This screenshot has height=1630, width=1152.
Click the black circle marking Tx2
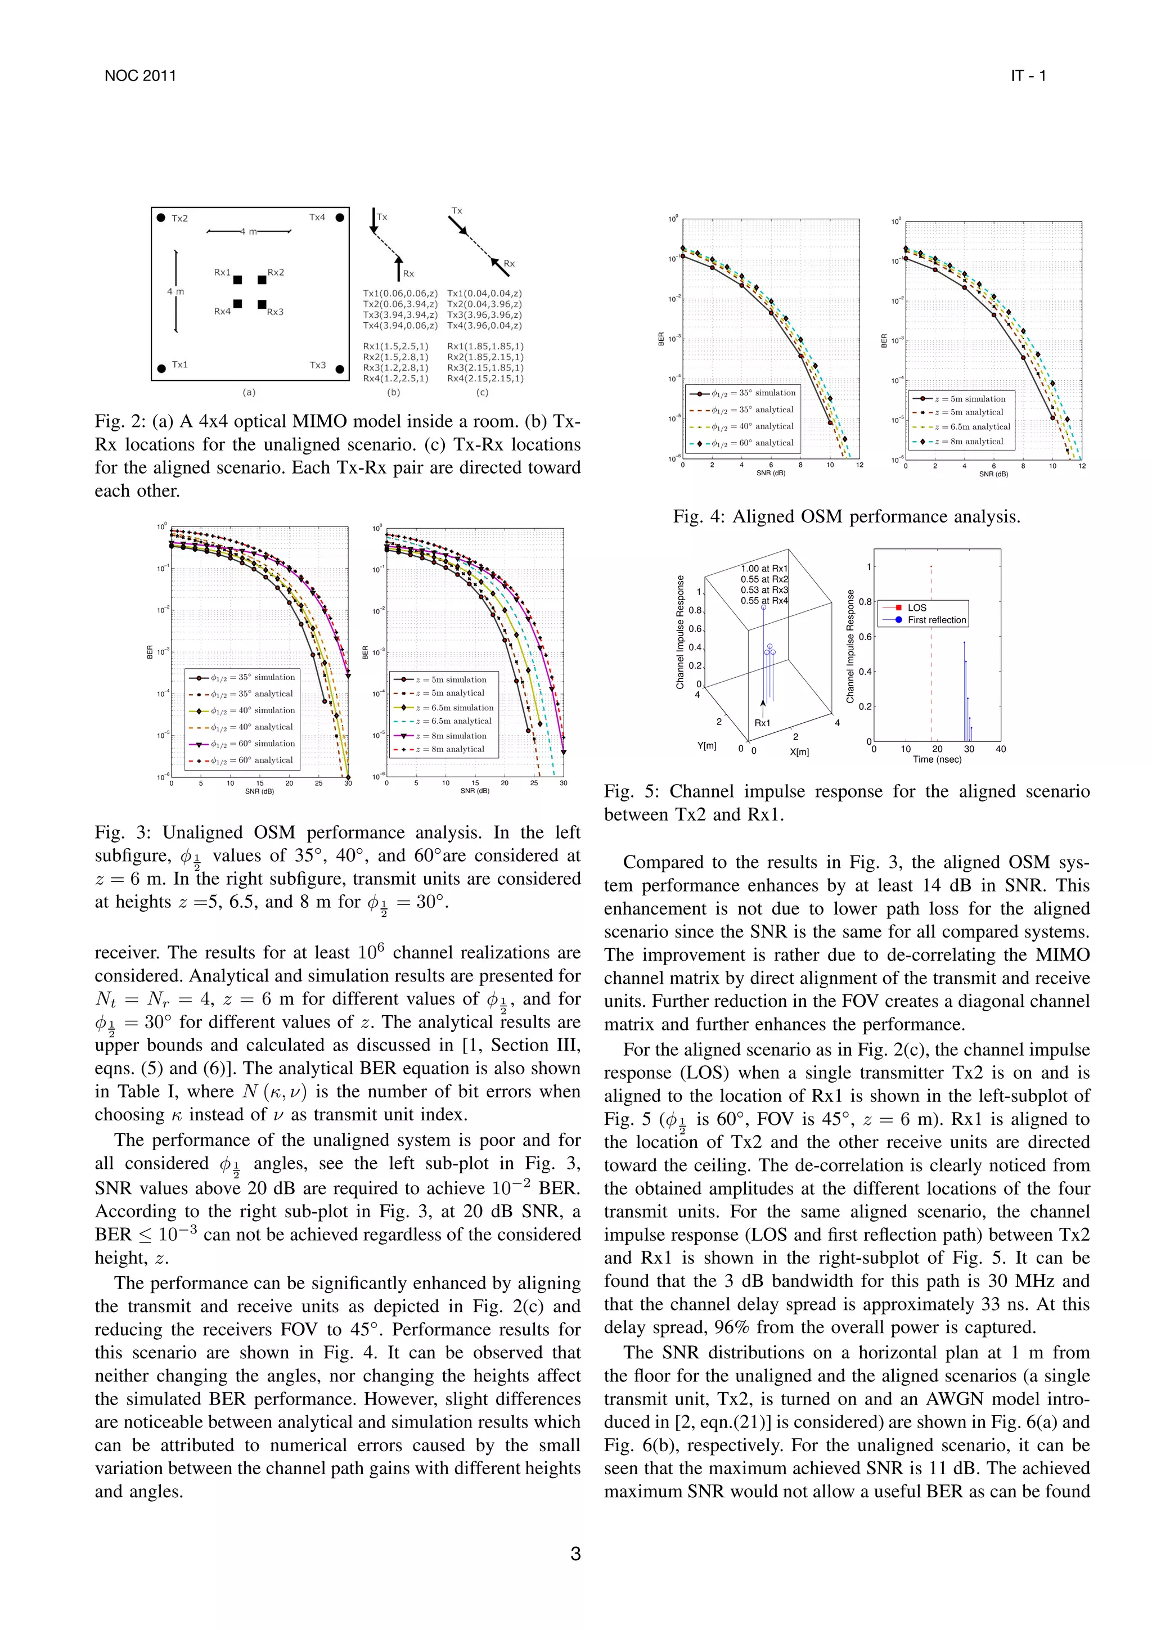click(161, 218)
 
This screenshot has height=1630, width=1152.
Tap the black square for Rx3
click(262, 304)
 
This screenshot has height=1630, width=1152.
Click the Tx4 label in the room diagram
click(317, 217)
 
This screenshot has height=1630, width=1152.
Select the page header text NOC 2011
click(140, 76)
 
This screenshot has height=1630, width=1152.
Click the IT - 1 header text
click(1028, 76)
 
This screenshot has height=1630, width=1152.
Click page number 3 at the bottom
click(575, 1554)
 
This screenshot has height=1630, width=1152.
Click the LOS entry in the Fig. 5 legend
click(916, 607)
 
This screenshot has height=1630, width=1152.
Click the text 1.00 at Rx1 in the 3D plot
click(764, 569)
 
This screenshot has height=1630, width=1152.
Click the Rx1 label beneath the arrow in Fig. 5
click(762, 723)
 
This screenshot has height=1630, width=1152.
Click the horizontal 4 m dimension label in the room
click(249, 231)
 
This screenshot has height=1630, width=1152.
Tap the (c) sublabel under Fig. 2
click(482, 392)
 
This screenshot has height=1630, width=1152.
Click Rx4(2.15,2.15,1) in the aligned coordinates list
click(485, 379)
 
